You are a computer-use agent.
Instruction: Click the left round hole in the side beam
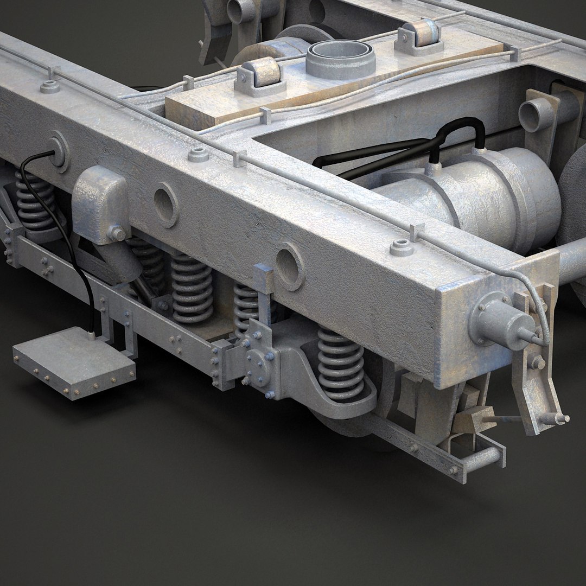tap(165, 205)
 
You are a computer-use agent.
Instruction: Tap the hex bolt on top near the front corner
tap(400, 247)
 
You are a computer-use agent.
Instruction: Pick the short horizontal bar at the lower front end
tap(481, 459)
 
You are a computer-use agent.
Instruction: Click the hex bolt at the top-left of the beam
tap(49, 86)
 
